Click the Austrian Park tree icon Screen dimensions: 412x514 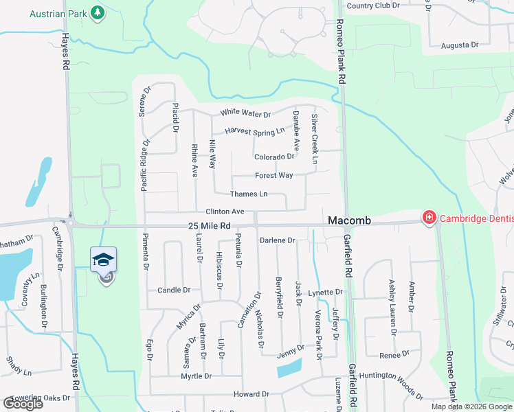98,12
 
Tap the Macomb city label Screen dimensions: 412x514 349,220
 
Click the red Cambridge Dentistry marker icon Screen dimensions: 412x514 429,218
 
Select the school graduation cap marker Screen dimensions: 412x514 103,260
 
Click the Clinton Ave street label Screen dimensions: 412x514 225,211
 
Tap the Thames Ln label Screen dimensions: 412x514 248,194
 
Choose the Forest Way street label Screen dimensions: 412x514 273,176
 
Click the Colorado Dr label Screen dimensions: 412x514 273,157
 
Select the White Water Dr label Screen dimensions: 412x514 245,114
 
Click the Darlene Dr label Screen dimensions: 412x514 277,240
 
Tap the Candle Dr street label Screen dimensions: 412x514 173,290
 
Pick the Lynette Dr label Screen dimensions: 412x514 325,293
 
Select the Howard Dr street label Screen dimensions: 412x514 251,394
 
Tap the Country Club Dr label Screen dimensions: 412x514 373,5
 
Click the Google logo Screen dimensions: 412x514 23,403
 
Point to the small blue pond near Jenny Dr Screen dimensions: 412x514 289,368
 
